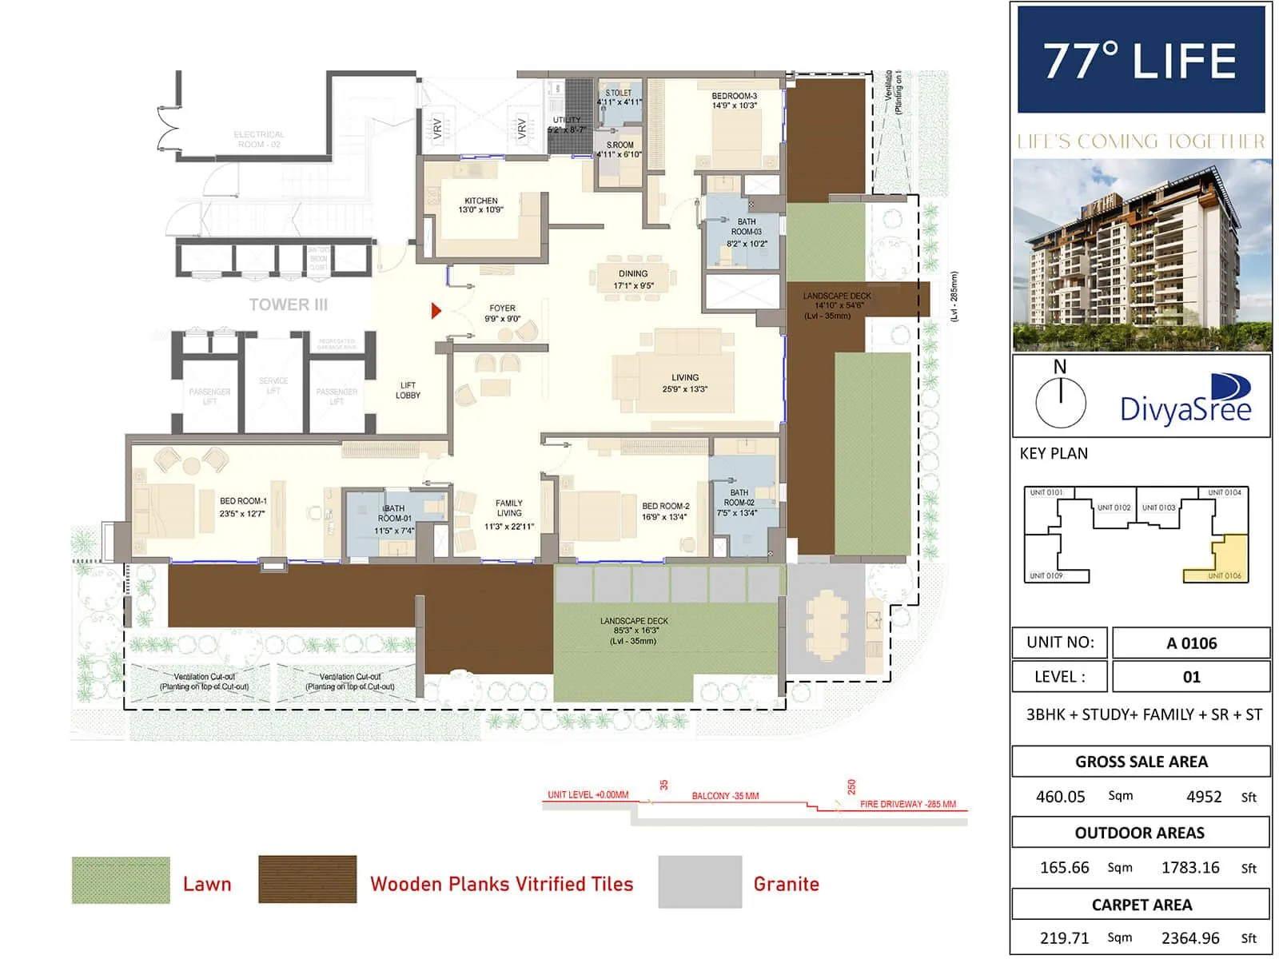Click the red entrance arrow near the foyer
click(436, 311)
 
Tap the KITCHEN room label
click(481, 205)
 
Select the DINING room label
click(633, 279)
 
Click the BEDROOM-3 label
click(734, 100)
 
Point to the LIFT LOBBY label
click(408, 390)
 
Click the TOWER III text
click(288, 304)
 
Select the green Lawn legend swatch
click(121, 880)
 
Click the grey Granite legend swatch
click(699, 881)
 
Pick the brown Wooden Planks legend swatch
click(307, 880)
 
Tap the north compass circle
click(1060, 401)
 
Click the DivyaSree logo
click(1186, 400)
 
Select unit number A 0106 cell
click(1190, 643)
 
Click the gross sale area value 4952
click(1204, 797)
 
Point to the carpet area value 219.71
click(1064, 938)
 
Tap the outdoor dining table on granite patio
click(827, 623)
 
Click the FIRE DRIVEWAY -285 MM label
click(907, 804)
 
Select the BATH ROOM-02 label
click(739, 503)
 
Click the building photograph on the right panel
click(1142, 254)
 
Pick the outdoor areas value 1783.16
click(1189, 868)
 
